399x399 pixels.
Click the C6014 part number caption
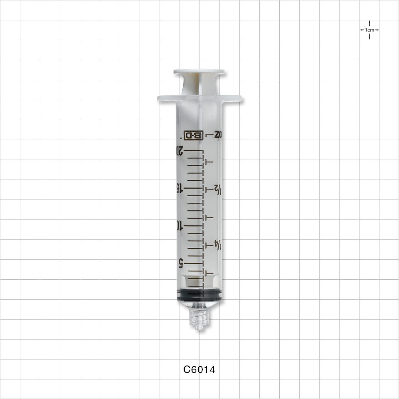click(199, 370)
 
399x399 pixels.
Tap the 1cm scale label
click(369, 30)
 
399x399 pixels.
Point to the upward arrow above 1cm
click(369, 23)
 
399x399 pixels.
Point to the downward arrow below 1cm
click(369, 37)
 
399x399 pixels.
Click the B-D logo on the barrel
click(193, 135)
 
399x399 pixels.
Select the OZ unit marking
click(217, 135)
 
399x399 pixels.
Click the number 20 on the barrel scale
click(179, 150)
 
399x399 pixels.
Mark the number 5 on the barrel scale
click(180, 263)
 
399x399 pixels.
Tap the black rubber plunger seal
click(199, 295)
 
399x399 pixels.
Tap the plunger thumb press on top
click(199, 72)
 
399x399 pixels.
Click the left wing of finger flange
click(167, 98)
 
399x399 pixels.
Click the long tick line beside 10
click(194, 225)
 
